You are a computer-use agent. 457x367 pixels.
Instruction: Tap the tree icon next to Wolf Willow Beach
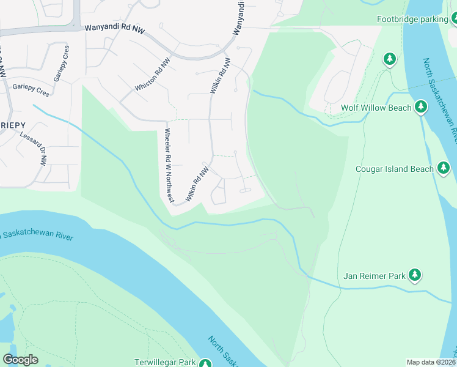pyautogui.click(x=420, y=107)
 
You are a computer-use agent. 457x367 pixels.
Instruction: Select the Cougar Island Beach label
pyautogui.click(x=395, y=169)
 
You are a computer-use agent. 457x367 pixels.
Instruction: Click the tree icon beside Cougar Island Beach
pyautogui.click(x=444, y=168)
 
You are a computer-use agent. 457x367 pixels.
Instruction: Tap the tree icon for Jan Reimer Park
pyautogui.click(x=415, y=275)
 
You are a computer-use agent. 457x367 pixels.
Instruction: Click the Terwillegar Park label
pyautogui.click(x=165, y=363)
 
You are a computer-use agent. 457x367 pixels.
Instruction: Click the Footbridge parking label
pyautogui.click(x=412, y=20)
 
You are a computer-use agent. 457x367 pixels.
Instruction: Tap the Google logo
pyautogui.click(x=21, y=360)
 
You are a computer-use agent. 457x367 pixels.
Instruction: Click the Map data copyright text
pyautogui.click(x=431, y=362)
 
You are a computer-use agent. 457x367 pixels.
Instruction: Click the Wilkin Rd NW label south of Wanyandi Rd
pyautogui.click(x=221, y=76)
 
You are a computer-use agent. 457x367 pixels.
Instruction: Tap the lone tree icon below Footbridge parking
pyautogui.click(x=390, y=59)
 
